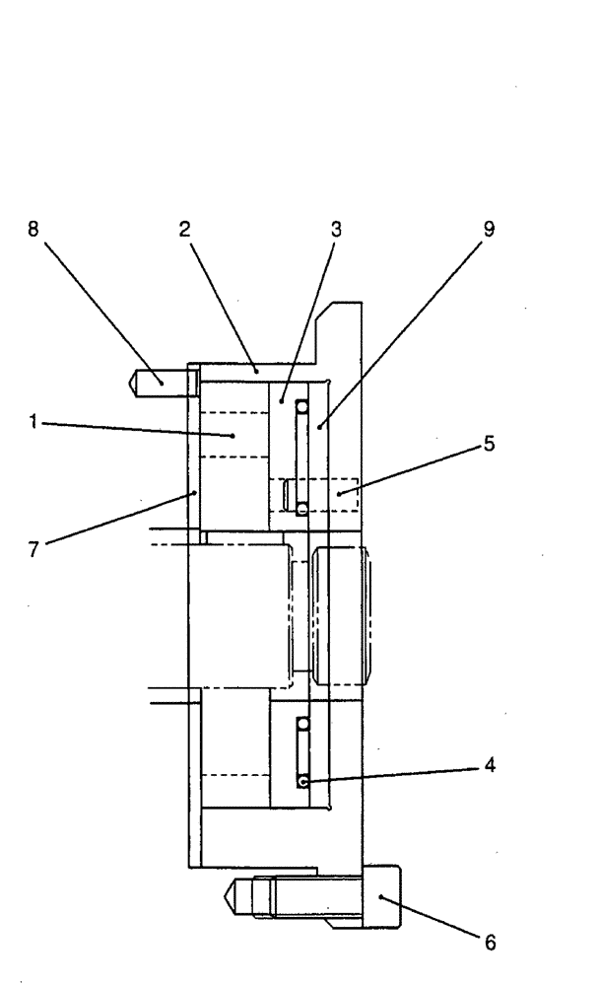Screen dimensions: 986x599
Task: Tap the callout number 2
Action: click(184, 229)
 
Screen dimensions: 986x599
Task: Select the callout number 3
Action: click(336, 229)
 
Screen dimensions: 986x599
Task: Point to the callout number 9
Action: click(489, 229)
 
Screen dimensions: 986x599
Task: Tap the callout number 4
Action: click(490, 764)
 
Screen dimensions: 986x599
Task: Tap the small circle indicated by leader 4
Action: click(303, 781)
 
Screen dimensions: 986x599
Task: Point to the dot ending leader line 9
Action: click(321, 426)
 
